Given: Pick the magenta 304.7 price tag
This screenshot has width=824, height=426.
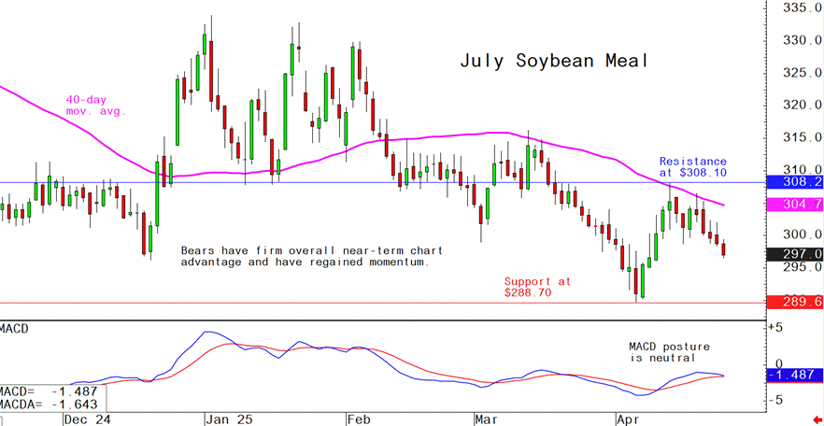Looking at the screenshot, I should click(x=794, y=205).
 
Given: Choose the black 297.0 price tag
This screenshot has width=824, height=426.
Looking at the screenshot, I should click(x=794, y=254).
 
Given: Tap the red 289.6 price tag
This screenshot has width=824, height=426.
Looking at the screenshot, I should click(x=794, y=303).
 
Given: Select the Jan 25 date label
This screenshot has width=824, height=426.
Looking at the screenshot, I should click(x=227, y=419).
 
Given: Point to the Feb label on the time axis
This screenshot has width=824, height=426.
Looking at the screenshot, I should click(x=359, y=419).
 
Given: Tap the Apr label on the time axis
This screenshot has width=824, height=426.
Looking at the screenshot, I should click(x=627, y=419).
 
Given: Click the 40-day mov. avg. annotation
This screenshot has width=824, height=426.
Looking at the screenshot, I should click(x=94, y=106).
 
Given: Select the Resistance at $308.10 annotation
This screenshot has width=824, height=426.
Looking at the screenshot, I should click(x=692, y=167).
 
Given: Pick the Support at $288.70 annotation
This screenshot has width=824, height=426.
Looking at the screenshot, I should click(x=537, y=287).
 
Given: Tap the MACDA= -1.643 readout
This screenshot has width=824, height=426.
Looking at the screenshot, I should click(x=52, y=404).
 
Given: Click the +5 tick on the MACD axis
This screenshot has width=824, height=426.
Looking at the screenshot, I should click(x=774, y=328).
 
